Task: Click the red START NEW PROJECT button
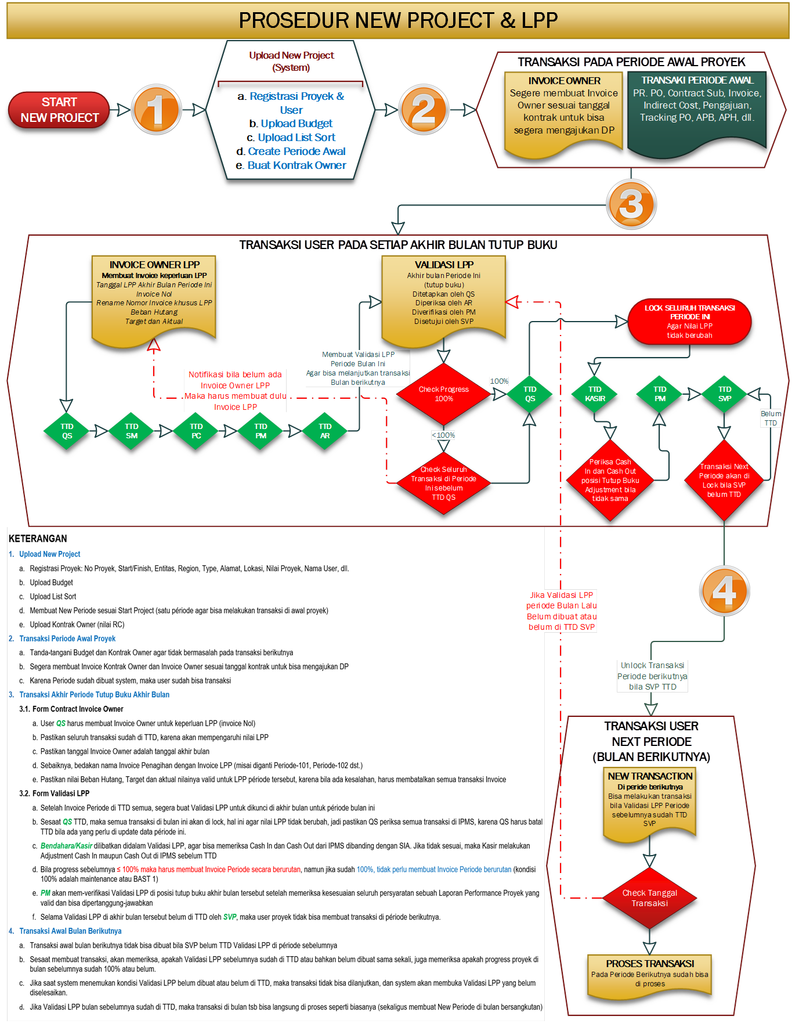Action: [x=59, y=110]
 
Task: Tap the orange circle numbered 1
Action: [x=155, y=109]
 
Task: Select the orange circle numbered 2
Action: [x=424, y=109]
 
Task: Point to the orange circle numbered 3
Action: [x=631, y=204]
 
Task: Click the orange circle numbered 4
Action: [x=724, y=591]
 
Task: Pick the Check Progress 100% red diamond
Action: [x=443, y=394]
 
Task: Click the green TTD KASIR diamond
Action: [x=595, y=394]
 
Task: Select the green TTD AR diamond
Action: [x=325, y=431]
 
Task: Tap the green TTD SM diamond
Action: [x=132, y=431]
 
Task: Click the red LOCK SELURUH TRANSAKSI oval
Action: [x=689, y=321]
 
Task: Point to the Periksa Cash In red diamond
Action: [x=610, y=480]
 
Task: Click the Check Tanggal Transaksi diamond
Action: [x=649, y=898]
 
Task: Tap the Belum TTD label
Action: [x=771, y=418]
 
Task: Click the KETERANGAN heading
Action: [x=38, y=539]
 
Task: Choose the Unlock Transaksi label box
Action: [x=652, y=676]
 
